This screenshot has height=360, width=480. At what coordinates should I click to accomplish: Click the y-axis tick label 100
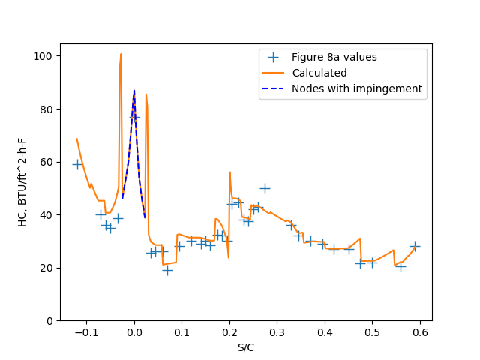click(44, 56)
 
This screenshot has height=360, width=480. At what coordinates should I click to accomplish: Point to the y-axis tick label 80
click(46, 109)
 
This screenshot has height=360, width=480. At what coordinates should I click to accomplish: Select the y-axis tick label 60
click(46, 162)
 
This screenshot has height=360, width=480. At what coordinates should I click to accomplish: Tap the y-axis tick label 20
click(46, 268)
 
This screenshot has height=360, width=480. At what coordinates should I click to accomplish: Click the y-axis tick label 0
click(49, 321)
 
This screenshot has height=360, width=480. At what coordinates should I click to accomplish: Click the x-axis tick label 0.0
click(134, 332)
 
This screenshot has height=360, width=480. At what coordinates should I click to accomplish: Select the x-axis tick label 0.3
click(277, 332)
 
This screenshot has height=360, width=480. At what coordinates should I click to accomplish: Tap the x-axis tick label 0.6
click(420, 332)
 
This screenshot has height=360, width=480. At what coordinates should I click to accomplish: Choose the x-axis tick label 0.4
click(325, 332)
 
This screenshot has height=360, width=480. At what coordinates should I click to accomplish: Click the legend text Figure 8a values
click(334, 58)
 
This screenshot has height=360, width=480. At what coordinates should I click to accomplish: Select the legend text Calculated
click(319, 73)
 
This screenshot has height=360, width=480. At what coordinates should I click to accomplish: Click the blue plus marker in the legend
click(274, 57)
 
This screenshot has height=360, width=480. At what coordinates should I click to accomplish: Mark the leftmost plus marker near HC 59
click(77, 164)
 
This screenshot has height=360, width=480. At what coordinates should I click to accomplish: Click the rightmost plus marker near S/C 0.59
click(415, 246)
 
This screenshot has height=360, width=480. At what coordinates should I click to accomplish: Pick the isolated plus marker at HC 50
click(264, 188)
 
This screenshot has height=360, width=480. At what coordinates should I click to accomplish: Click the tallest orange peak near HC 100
click(121, 54)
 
